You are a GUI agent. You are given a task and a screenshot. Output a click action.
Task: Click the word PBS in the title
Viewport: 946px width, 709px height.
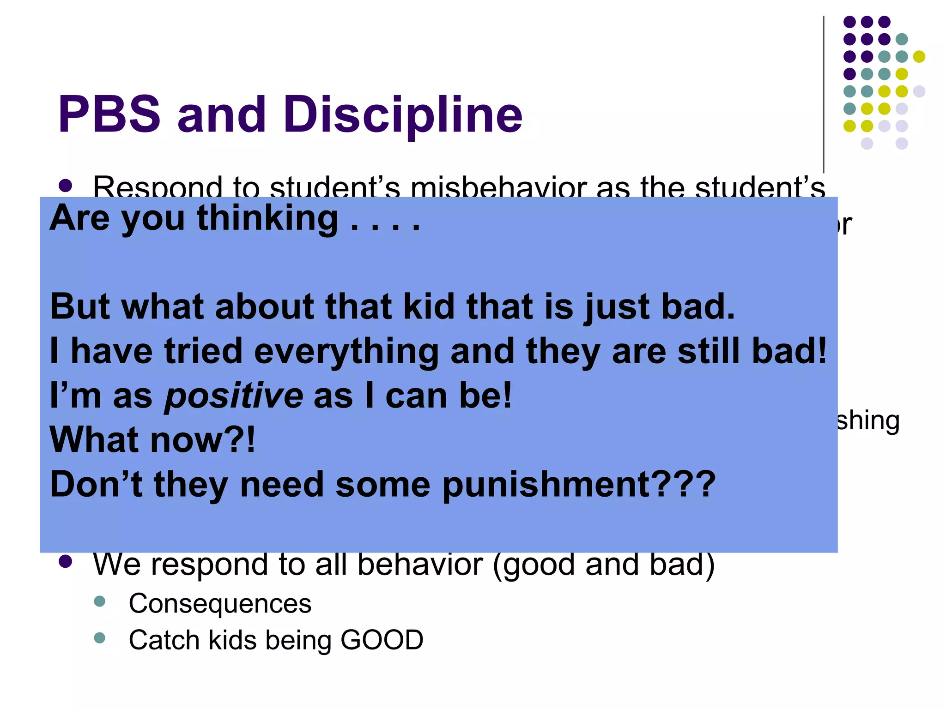(109, 114)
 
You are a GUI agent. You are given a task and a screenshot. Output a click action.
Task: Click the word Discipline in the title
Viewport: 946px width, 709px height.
(402, 115)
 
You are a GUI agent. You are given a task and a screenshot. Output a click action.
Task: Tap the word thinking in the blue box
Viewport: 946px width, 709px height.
(267, 218)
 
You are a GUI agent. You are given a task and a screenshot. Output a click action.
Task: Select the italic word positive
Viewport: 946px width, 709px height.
(234, 396)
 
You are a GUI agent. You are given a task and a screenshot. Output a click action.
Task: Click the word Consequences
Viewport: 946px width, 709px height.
(220, 603)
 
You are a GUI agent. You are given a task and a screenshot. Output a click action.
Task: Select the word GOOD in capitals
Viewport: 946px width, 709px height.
(382, 640)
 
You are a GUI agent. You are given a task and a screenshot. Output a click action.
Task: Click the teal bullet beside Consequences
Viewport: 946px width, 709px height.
(99, 601)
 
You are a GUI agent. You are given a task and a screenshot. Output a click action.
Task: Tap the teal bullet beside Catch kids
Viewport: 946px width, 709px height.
(99, 638)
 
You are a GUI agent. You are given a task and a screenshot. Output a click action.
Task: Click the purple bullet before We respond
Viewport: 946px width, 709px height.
(66, 561)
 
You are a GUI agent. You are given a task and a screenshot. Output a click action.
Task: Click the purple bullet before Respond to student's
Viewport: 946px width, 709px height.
(66, 186)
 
